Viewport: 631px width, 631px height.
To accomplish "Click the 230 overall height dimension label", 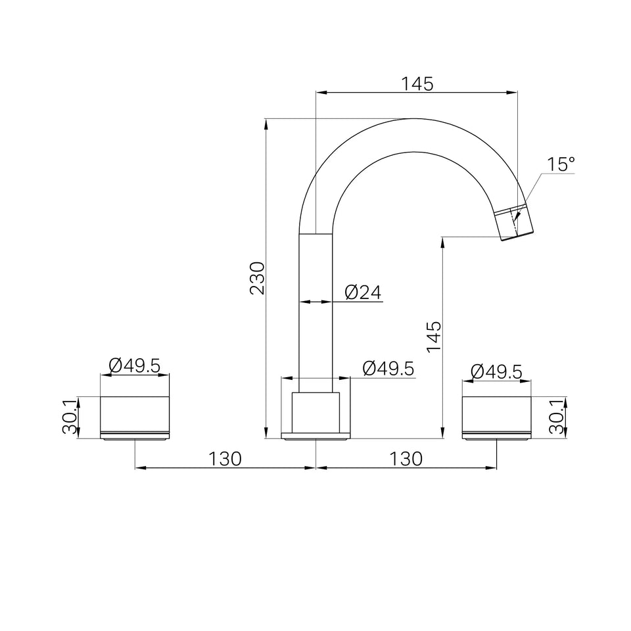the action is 258,279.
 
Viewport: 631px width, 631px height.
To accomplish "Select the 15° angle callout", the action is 561,164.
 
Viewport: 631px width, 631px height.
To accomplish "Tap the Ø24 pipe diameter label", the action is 363,292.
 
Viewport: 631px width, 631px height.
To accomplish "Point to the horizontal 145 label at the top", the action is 417,84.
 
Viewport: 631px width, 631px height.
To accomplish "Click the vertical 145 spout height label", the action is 434,337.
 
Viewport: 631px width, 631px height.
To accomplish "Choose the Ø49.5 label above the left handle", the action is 134,366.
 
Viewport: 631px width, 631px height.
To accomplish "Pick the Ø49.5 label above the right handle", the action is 496,371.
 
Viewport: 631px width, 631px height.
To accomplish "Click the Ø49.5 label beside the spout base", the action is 388,369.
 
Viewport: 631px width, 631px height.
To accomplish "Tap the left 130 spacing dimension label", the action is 225,458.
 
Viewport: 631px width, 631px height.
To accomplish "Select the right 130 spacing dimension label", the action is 406,458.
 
